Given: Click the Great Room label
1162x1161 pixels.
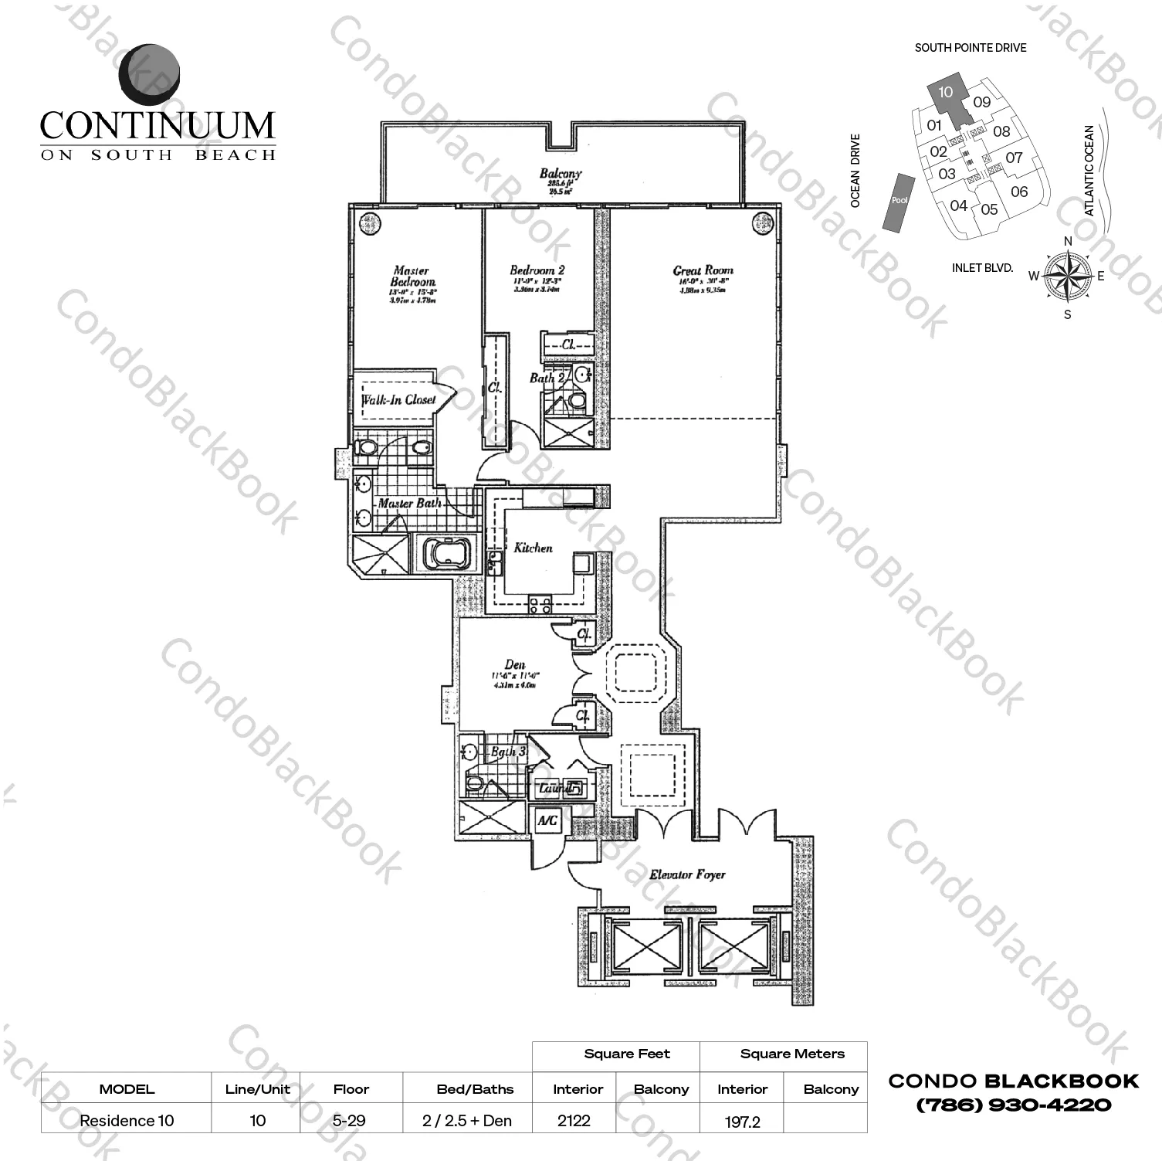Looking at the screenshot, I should [x=703, y=270].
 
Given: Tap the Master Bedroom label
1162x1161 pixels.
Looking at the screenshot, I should [x=412, y=277].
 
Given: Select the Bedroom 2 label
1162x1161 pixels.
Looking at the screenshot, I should [x=537, y=270].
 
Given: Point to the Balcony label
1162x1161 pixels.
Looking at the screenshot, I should [x=561, y=174].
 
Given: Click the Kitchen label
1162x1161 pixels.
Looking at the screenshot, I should [x=533, y=548].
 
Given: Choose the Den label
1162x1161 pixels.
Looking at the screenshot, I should [x=514, y=664].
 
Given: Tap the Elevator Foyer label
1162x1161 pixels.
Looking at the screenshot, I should [x=686, y=874].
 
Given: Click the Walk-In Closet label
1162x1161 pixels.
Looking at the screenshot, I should [x=398, y=400].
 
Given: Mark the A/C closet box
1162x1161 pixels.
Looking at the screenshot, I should [x=547, y=820].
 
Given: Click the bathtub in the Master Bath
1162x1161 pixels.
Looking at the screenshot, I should [x=446, y=553].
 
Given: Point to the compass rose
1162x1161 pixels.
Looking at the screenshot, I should [x=1067, y=277].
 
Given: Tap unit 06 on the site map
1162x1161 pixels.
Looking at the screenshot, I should [x=1019, y=192].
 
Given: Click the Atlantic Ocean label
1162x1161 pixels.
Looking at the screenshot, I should [x=1089, y=170].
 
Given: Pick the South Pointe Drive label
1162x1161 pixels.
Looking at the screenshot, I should [x=971, y=48].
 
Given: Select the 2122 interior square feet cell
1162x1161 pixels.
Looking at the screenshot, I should [x=574, y=1120].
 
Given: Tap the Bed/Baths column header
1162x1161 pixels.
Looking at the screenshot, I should [x=475, y=1089].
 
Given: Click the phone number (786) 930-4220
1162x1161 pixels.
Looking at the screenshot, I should [x=1013, y=1105].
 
